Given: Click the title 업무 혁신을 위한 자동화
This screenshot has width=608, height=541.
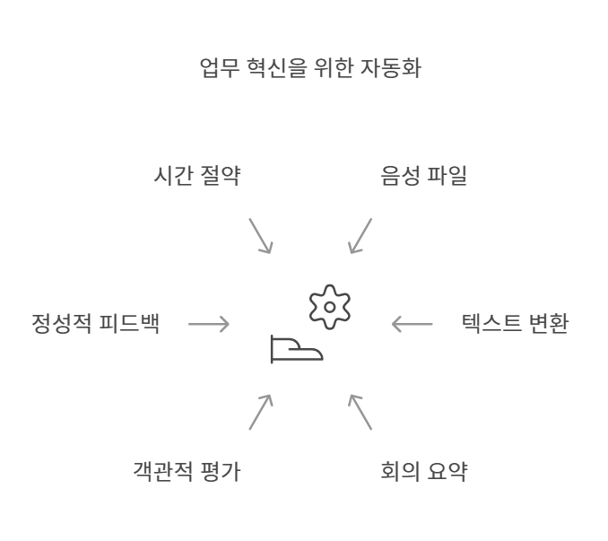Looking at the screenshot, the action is point(310,68).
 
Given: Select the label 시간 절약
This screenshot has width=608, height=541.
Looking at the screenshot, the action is point(196,176).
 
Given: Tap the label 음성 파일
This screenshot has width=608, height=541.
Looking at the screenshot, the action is point(424,176).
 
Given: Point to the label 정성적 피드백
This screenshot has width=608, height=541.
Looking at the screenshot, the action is point(96,324).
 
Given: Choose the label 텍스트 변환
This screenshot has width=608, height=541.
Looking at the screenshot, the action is point(515,324).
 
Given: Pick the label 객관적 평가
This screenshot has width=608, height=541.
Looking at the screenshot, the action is point(187,471).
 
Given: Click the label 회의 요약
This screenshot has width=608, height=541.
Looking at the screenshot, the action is point(424,471).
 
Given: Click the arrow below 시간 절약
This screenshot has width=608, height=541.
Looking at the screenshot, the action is point(260,235).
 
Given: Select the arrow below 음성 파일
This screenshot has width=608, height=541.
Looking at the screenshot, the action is point(360,235).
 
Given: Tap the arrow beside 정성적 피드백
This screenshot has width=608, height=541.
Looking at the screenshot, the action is point(208,324).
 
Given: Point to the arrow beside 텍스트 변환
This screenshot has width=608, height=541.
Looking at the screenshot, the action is point(413,324).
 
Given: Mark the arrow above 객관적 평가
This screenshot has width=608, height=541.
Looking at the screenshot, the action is point(260,412).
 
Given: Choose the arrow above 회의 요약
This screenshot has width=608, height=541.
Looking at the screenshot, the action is point(360,412).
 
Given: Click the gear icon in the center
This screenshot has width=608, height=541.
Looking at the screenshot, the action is point(330,307).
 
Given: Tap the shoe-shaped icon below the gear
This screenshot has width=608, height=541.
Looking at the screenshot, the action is point(296,349).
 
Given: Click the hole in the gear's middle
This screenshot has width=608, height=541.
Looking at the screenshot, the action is point(330,307).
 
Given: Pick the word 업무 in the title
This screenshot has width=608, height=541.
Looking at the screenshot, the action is point(219,68).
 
